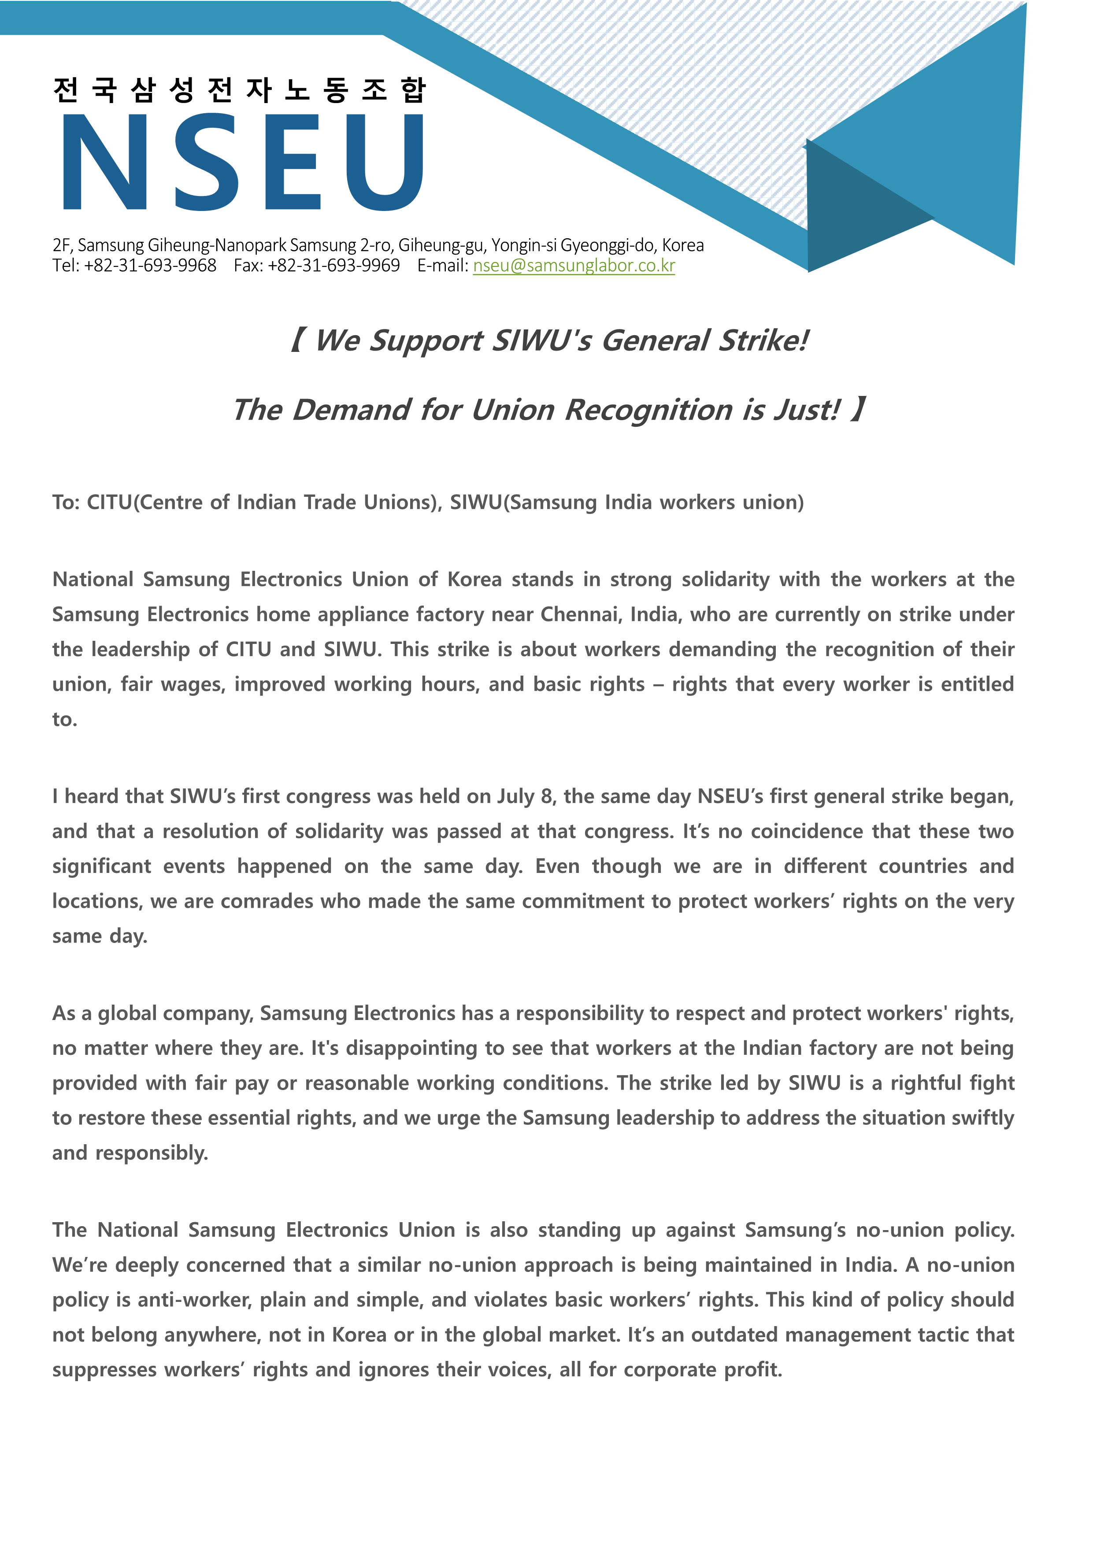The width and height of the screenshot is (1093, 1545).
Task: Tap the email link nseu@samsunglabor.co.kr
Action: (574, 266)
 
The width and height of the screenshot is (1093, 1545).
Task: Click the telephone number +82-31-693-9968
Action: (150, 266)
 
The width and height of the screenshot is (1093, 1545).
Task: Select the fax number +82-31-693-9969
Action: (334, 266)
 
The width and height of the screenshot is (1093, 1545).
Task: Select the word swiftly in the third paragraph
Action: (982, 1118)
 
